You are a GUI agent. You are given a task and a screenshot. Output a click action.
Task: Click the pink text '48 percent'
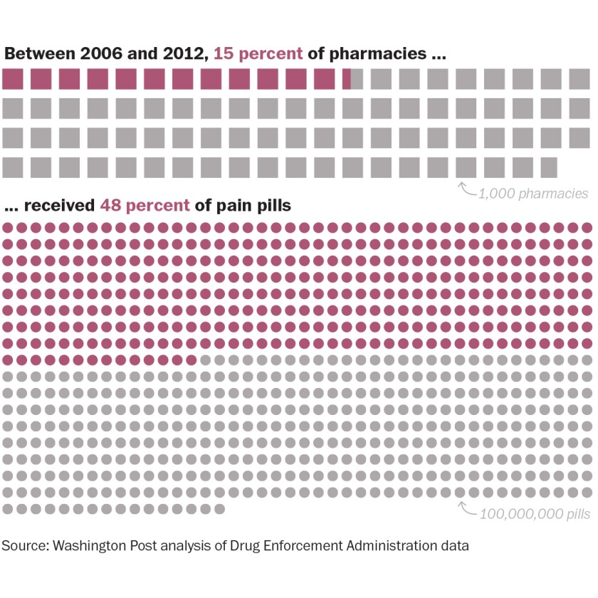(x=145, y=206)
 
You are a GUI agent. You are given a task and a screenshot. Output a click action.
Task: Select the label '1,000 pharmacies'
(x=533, y=193)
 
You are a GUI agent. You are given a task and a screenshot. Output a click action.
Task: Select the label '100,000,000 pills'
(x=535, y=514)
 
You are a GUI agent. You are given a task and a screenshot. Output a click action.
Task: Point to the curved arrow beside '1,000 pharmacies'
(x=467, y=189)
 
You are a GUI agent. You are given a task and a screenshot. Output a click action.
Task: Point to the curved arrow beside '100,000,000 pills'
(x=467, y=508)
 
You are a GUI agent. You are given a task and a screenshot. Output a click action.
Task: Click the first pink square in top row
(x=13, y=79)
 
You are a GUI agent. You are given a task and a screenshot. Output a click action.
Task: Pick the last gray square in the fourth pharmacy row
(x=548, y=167)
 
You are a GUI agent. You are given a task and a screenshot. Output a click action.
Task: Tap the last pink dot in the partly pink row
(x=191, y=360)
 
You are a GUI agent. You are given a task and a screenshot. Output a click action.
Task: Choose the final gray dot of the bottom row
(x=219, y=508)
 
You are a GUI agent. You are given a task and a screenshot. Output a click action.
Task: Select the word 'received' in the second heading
(x=60, y=206)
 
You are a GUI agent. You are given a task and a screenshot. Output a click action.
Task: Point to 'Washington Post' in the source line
(x=103, y=547)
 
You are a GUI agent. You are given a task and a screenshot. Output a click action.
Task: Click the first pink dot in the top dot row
(x=8, y=228)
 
